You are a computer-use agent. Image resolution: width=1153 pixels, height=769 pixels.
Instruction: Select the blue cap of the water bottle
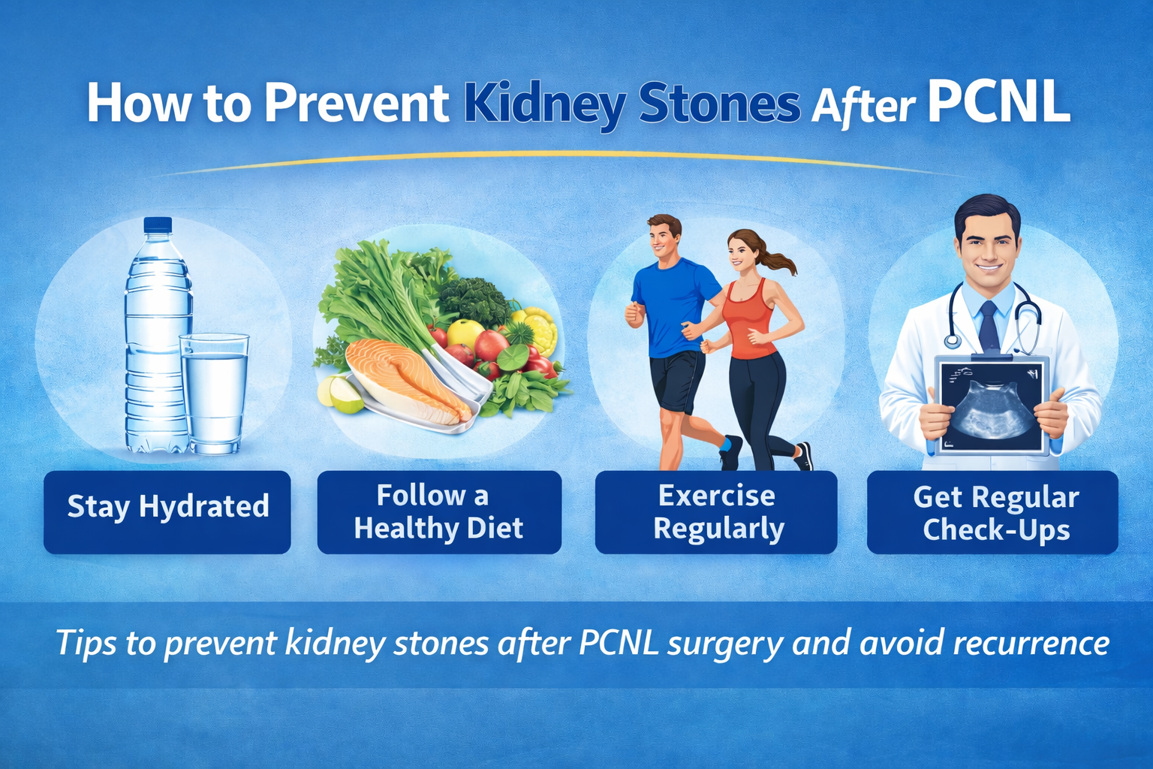point(158,225)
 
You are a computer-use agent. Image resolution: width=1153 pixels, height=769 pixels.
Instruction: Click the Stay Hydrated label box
point(167,512)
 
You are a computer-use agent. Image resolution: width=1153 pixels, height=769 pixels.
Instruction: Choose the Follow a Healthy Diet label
point(439,512)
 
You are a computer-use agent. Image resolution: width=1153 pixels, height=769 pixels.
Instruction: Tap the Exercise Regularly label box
point(716,512)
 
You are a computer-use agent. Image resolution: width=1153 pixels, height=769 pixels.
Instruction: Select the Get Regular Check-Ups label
point(992,512)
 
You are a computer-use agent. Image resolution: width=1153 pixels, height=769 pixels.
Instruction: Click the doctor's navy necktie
point(989,327)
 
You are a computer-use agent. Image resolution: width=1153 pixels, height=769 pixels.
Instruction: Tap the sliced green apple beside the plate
point(340,394)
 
